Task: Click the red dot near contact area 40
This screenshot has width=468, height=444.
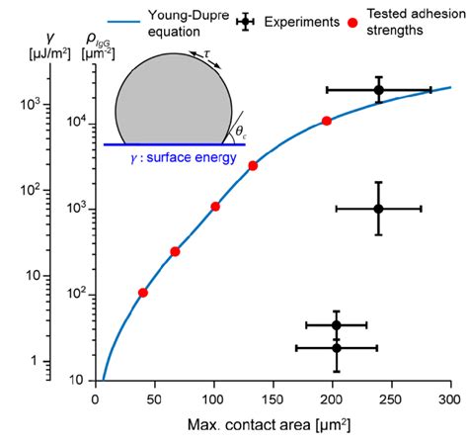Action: coord(143,293)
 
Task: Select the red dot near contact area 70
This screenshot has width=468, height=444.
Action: coord(175,251)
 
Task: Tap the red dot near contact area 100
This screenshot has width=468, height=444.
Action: coord(215,206)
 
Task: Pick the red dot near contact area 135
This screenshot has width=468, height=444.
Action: coord(253,165)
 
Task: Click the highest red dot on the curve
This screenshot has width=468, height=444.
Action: coord(326,121)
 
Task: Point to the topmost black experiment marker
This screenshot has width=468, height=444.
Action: coord(378,90)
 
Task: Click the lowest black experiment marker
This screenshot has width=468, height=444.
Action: coord(337,347)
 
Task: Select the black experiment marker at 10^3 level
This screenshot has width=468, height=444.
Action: coord(378,209)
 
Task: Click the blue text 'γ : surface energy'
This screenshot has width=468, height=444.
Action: coord(186,155)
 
